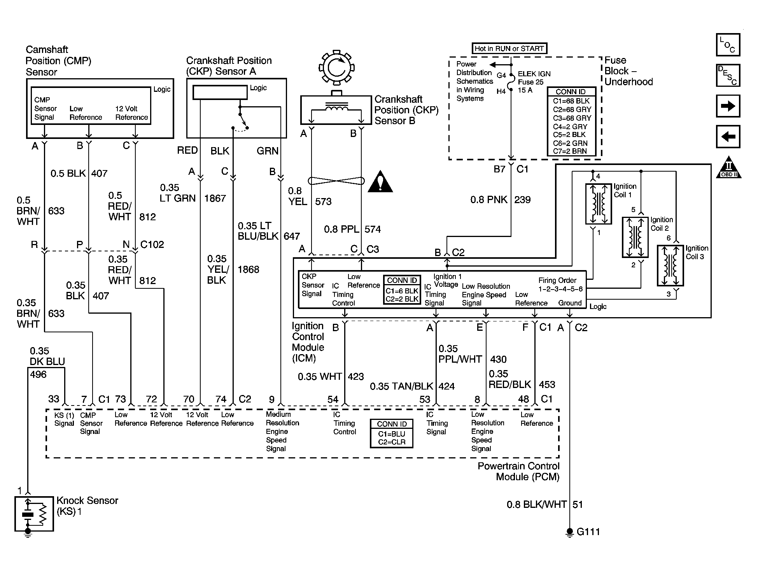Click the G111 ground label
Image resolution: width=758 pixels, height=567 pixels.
588,532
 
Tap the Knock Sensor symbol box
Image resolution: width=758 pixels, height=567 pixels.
34,514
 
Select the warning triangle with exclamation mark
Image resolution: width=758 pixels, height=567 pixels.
380,182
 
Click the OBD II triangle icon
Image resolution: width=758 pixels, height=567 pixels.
728,167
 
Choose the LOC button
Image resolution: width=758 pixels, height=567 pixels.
728,45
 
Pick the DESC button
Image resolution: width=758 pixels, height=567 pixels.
728,75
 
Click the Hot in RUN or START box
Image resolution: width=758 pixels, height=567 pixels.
509,49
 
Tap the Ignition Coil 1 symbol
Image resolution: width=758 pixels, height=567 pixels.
598,204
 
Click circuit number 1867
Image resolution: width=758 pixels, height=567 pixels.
215,198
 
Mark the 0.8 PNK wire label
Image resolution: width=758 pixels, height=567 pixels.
489,200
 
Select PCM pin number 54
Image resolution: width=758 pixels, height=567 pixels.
333,399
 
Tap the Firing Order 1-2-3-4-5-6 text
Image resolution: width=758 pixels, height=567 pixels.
560,284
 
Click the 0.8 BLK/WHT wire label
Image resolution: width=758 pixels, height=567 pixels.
537,504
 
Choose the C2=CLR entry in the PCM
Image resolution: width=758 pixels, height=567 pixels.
392,442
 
